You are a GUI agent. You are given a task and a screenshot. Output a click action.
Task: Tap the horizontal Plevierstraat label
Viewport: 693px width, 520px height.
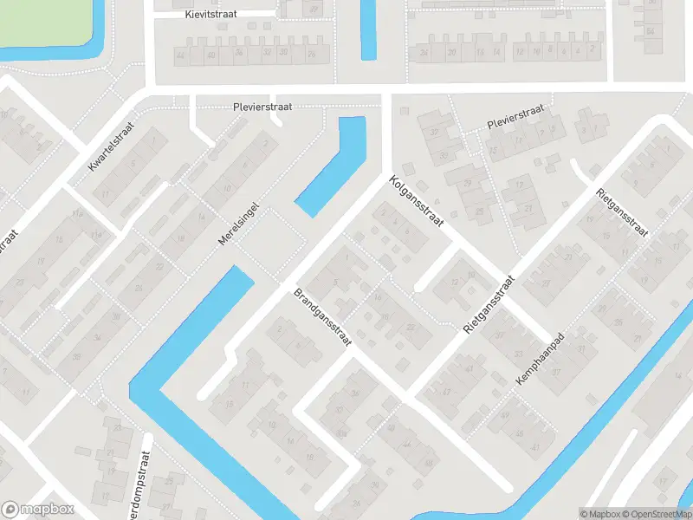[x=262, y=107]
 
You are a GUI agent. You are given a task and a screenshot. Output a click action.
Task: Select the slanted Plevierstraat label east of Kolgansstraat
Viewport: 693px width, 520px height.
[x=515, y=116]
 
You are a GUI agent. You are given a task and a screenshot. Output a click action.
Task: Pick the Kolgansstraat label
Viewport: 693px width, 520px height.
[x=417, y=203]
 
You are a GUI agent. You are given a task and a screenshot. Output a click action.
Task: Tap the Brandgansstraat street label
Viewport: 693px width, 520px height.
[x=321, y=318]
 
